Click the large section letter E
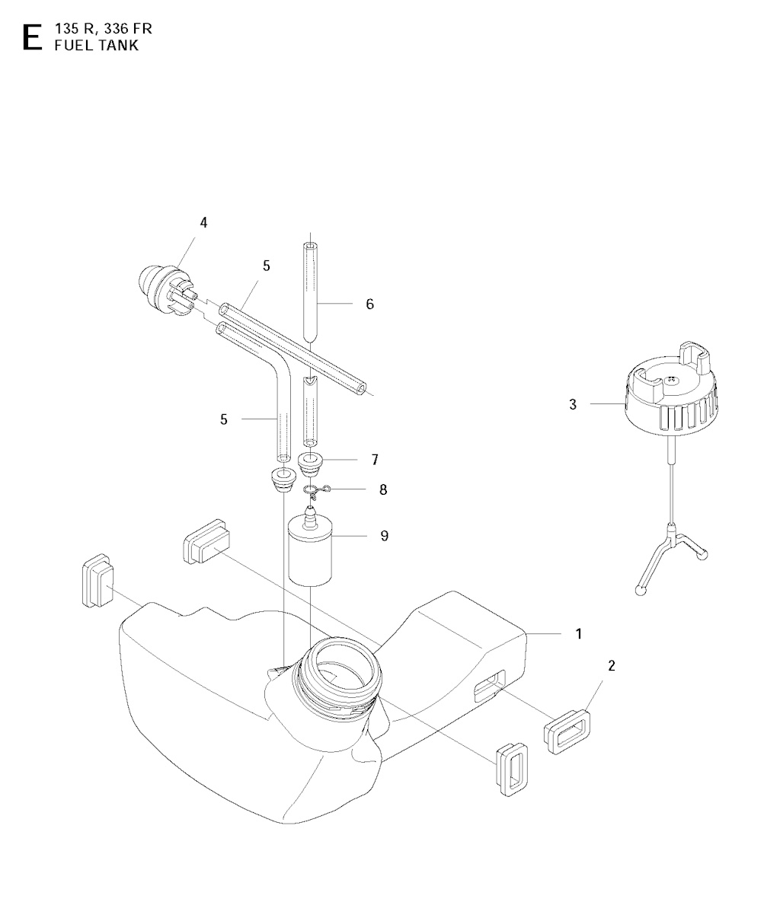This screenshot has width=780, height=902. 32,37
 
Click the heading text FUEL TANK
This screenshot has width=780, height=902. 97,46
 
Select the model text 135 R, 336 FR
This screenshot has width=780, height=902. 104,29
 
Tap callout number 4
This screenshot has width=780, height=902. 203,222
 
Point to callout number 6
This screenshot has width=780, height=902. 369,304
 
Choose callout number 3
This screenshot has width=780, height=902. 572,404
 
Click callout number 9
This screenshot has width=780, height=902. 385,536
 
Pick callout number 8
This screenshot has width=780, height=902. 383,489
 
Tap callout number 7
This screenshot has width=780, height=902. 375,460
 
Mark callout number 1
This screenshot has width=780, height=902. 578,633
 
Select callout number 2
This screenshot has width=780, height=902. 612,665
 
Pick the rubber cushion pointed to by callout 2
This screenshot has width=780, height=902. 568,731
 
